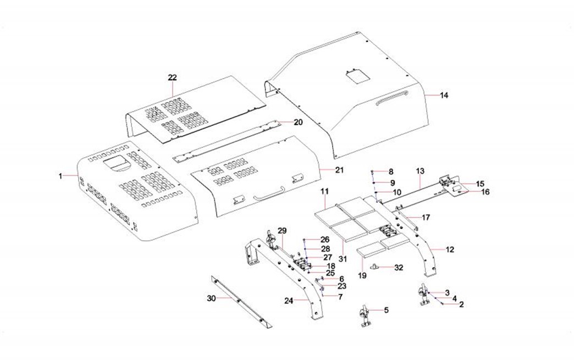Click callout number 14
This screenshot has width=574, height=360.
click(444, 96)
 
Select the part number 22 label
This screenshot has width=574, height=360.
click(172, 77)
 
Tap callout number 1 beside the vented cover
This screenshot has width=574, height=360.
click(61, 176)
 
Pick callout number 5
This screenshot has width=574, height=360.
click(386, 310)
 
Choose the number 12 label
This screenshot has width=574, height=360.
click(450, 250)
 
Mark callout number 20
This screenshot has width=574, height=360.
click(297, 122)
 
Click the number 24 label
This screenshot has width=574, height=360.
click(289, 301)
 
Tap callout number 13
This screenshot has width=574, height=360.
click(420, 171)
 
